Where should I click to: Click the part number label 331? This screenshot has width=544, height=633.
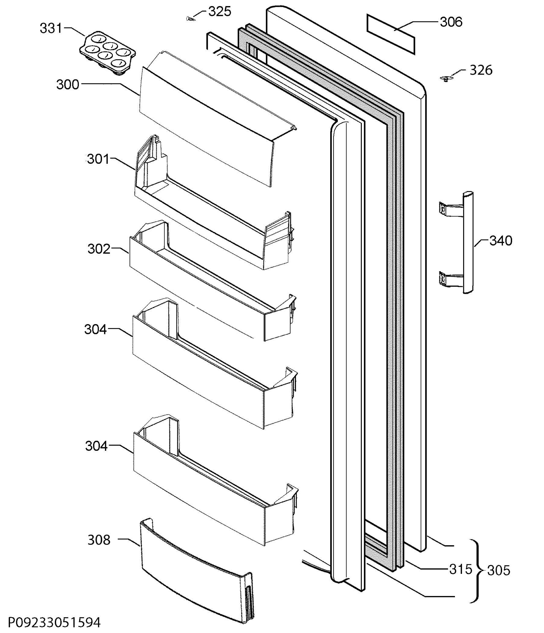(51, 28)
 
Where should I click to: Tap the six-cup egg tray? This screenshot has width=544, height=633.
(108, 53)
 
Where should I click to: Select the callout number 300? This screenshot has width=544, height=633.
(68, 85)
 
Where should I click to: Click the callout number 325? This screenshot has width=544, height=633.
(220, 12)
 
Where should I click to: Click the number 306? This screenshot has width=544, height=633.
(451, 22)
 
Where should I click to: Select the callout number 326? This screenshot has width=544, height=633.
(481, 70)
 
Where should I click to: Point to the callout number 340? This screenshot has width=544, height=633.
(501, 241)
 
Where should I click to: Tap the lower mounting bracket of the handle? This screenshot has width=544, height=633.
(451, 279)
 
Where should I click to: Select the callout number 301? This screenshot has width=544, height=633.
(98, 159)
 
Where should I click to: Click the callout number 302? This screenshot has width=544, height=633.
(99, 249)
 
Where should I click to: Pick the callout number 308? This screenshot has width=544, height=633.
(99, 540)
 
